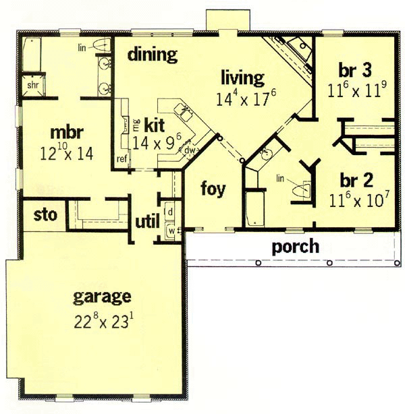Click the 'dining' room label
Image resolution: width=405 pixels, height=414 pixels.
pyautogui.click(x=153, y=55)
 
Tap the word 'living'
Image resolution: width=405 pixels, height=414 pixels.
pyautogui.click(x=242, y=78)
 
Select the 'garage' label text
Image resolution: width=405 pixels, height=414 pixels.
pyautogui.click(x=102, y=297)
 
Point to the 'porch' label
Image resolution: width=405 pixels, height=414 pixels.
pyautogui.click(x=295, y=247)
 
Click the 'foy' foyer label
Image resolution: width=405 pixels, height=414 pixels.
pyautogui.click(x=213, y=189)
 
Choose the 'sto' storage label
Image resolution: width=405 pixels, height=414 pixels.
pyautogui.click(x=45, y=215)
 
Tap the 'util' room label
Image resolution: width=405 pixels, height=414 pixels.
pyautogui.click(x=147, y=221)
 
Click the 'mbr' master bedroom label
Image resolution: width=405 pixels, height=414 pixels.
pyautogui.click(x=67, y=132)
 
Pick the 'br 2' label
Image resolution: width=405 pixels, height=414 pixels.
pyautogui.click(x=356, y=180)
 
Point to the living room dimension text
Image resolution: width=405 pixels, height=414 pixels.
pyautogui.click(x=246, y=98)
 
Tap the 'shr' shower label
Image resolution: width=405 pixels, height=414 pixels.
pyautogui.click(x=33, y=85)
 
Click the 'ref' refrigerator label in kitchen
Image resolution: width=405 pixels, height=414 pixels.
pyautogui.click(x=122, y=159)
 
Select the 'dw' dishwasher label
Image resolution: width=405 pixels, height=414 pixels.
pyautogui.click(x=190, y=150)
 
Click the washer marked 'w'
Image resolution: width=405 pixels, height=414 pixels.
pyautogui.click(x=171, y=231)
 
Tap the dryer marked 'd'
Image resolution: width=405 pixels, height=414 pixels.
pyautogui.click(x=170, y=212)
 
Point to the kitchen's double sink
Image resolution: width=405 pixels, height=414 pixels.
pyautogui.click(x=184, y=111)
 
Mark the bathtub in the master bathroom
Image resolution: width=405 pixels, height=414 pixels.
pyautogui.click(x=32, y=55)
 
